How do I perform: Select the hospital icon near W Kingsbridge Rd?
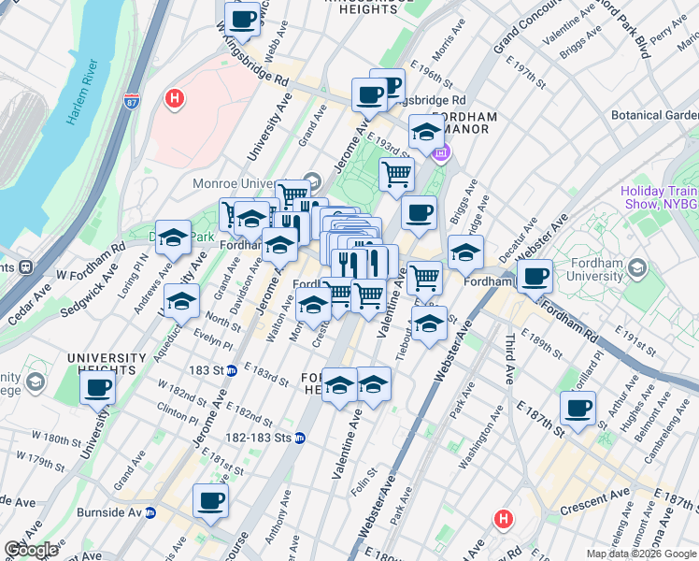pyautogui.click(x=174, y=97)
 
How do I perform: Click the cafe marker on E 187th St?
pyautogui.click(x=578, y=408)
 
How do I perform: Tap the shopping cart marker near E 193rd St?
pyautogui.click(x=397, y=173)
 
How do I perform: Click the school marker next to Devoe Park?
pyautogui.click(x=173, y=238)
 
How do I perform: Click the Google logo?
pyautogui.click(x=30, y=550)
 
